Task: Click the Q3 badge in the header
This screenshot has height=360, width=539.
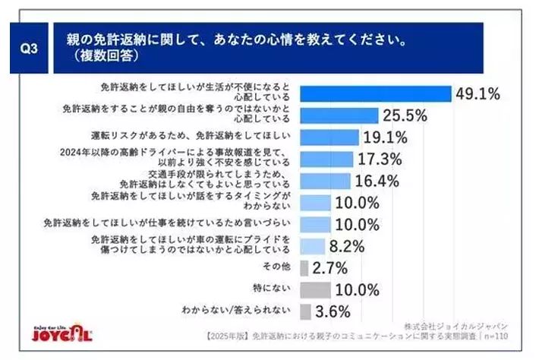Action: (x=30, y=47)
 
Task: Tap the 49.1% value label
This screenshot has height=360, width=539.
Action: (x=478, y=93)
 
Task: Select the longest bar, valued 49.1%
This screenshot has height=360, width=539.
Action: (x=376, y=93)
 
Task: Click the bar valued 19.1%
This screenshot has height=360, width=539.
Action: (x=329, y=137)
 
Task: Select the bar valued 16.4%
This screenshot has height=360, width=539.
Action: (x=326, y=181)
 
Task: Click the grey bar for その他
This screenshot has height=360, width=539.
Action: (x=304, y=268)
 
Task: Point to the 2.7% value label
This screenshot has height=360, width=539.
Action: (x=329, y=268)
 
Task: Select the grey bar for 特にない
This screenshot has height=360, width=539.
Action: (x=316, y=289)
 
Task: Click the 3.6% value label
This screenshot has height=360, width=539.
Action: (x=333, y=311)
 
